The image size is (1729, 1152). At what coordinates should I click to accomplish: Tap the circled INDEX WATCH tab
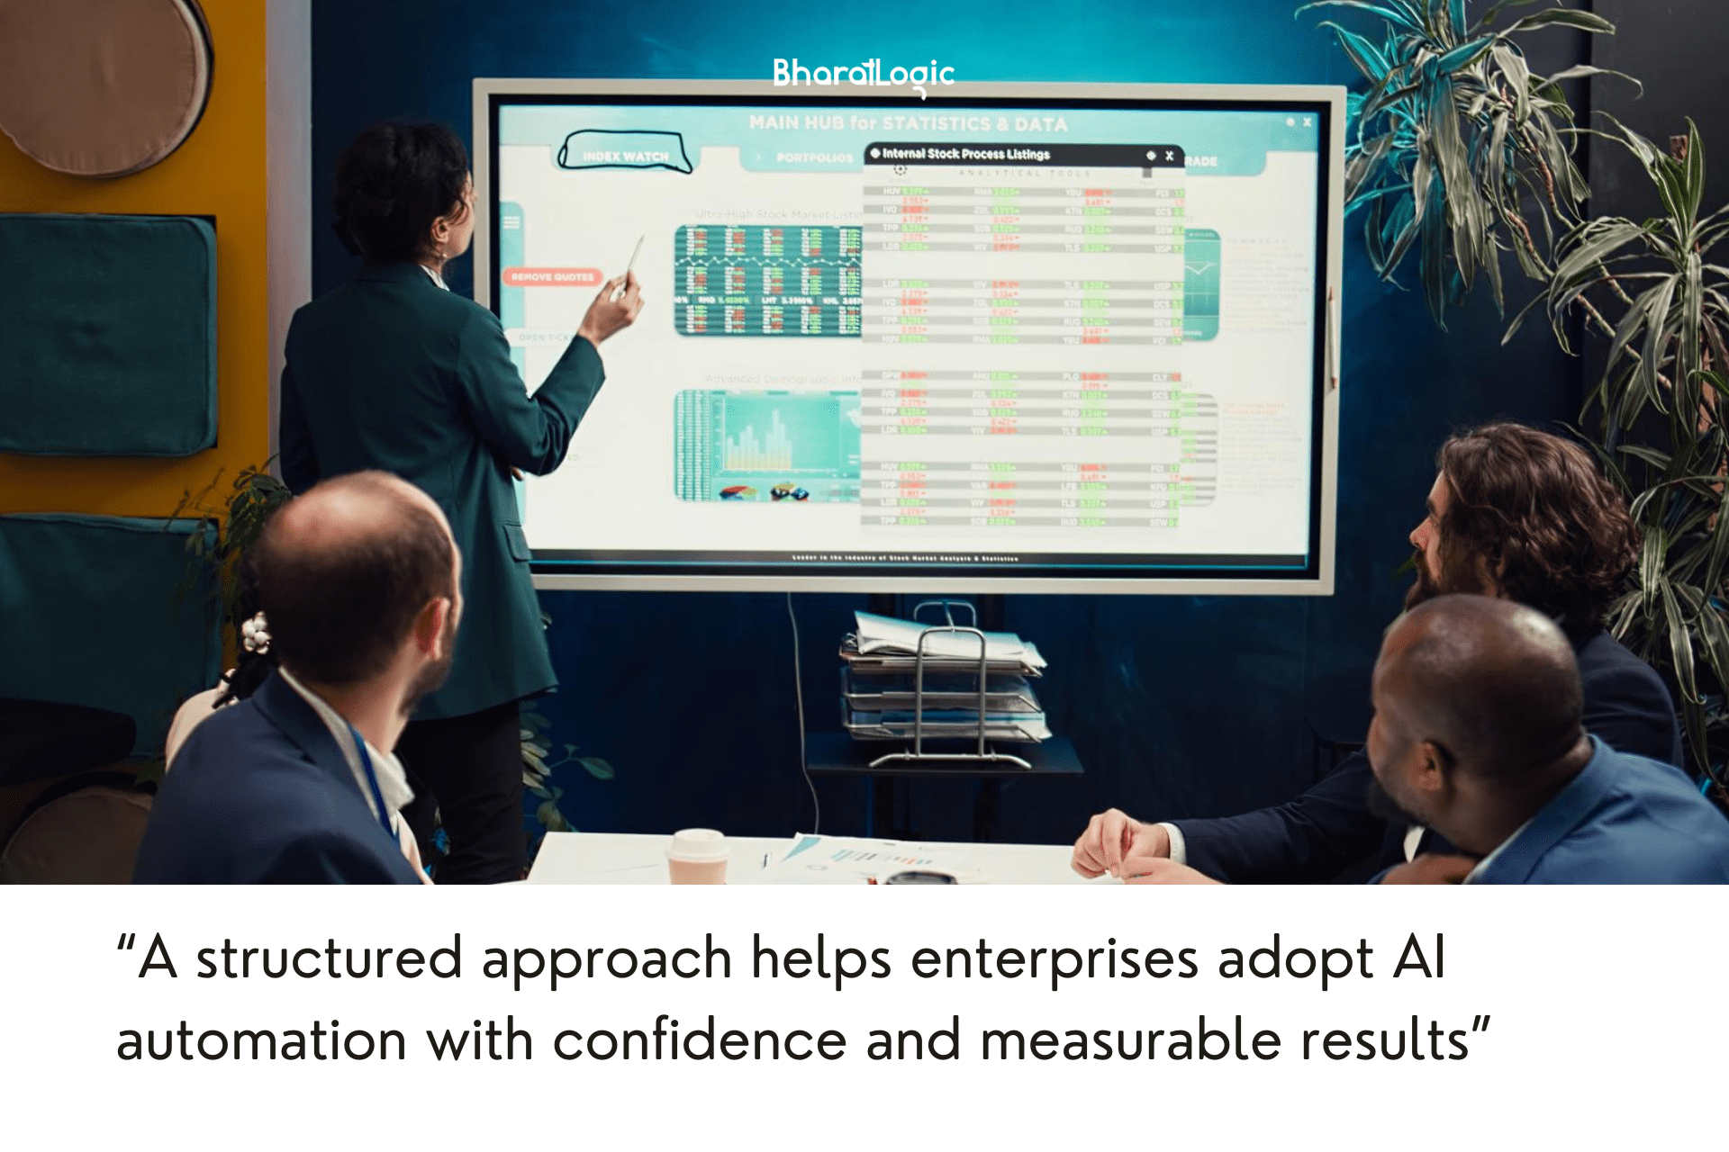[625, 154]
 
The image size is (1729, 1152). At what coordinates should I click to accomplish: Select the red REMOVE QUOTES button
[552, 277]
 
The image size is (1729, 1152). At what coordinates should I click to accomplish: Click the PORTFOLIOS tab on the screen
[813, 157]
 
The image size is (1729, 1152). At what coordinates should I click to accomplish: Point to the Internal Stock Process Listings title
[965, 154]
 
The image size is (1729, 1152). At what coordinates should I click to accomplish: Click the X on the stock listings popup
[1169, 156]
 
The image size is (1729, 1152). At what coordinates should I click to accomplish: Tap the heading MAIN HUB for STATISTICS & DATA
[908, 123]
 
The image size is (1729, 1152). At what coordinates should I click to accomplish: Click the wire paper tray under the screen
[944, 684]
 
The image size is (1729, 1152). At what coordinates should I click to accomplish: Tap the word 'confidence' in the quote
[700, 1040]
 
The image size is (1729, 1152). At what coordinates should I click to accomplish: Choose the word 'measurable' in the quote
[1130, 1040]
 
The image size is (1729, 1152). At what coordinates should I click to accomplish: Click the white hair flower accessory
[255, 633]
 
